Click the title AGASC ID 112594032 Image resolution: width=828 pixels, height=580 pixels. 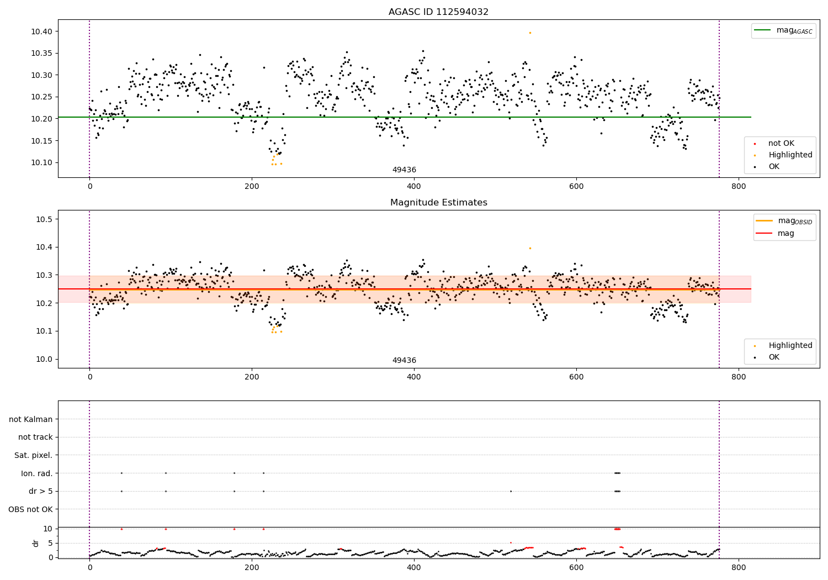[438, 12]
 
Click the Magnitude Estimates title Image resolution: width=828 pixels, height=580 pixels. [438, 203]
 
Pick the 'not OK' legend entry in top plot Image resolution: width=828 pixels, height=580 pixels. [781, 144]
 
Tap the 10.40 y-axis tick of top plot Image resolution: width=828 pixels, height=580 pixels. [41, 31]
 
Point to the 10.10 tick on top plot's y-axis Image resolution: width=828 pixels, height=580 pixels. [41, 162]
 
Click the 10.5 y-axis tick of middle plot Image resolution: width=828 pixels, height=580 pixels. [44, 219]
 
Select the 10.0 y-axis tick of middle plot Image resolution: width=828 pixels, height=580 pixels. [44, 359]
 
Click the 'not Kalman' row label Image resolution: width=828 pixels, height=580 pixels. [31, 419]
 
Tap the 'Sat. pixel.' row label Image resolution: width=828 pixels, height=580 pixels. [33, 455]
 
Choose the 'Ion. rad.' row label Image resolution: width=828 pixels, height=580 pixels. [36, 473]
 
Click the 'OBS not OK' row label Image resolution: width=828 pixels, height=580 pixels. [30, 509]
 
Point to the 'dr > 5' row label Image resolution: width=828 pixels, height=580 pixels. [40, 491]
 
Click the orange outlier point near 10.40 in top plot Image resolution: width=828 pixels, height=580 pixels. [530, 33]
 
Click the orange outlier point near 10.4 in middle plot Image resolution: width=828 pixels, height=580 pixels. [530, 248]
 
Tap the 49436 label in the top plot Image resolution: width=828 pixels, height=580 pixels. [404, 170]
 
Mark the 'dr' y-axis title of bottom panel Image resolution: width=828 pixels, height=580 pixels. [36, 543]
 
